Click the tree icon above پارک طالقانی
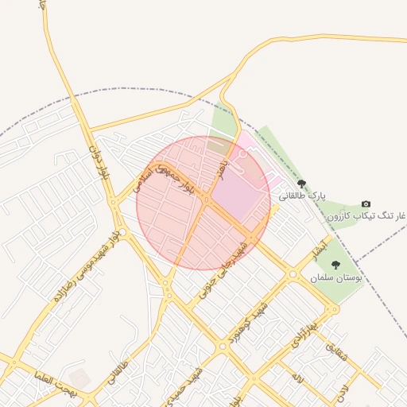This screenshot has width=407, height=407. pyautogui.click(x=300, y=184)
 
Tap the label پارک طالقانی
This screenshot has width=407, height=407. pyautogui.click(x=302, y=195)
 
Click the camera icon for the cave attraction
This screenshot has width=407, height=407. pyautogui.click(x=366, y=204)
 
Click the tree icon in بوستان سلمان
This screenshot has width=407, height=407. pyautogui.click(x=335, y=266)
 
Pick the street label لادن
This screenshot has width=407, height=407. pyautogui.click(x=341, y=389)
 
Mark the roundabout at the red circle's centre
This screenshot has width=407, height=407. pyautogui.click(x=204, y=202)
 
